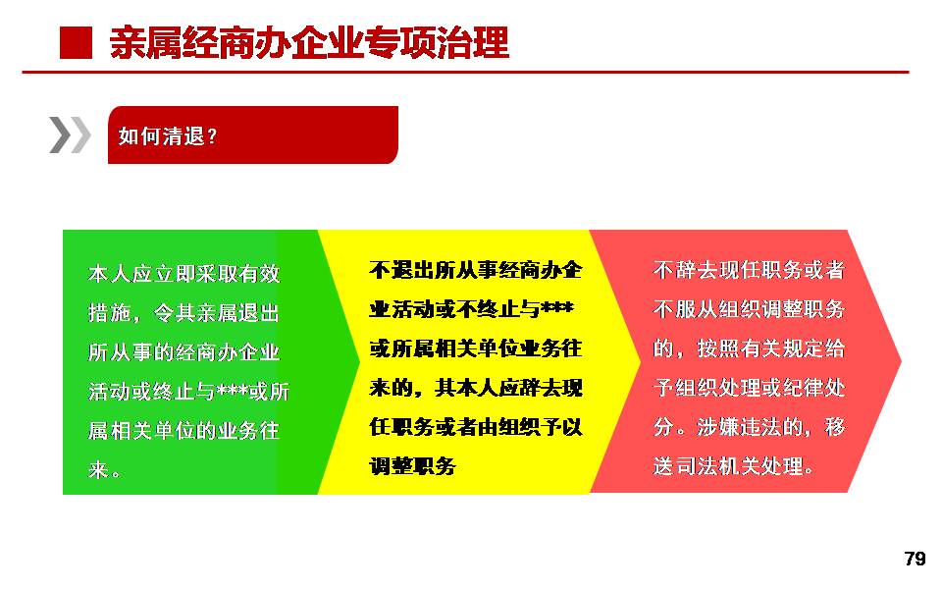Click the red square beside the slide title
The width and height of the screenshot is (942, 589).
[76, 43]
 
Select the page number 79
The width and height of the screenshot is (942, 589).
[915, 559]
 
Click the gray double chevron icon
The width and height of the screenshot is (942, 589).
[71, 134]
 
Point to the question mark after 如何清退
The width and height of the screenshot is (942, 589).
[212, 137]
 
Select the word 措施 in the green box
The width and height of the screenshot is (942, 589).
[109, 313]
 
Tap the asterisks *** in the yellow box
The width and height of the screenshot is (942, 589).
[557, 307]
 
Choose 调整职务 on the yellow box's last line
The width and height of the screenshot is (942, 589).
[412, 465]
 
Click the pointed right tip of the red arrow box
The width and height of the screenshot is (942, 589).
[901, 361]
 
